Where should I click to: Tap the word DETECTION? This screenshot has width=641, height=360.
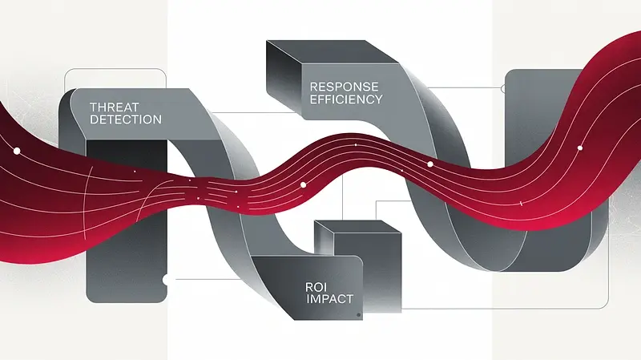point(127,119)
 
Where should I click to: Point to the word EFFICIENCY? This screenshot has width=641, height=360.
point(345,99)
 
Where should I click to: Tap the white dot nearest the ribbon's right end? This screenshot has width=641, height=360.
point(579,148)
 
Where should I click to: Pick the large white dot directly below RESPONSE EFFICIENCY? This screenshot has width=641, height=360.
point(429,164)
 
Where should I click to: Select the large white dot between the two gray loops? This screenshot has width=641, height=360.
point(303,185)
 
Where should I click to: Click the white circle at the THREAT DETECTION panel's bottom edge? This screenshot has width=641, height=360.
point(166,280)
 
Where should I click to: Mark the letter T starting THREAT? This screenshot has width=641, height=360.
point(94,107)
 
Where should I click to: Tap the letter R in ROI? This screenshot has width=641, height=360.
point(309,287)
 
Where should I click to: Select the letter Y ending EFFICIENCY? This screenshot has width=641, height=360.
point(379,99)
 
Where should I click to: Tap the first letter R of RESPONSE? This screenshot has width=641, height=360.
point(312,86)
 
